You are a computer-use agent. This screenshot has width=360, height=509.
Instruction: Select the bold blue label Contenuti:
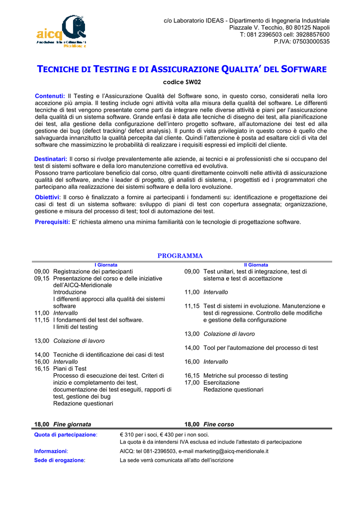(x=50, y=96)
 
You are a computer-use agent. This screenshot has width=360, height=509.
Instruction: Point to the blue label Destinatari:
(x=47, y=159)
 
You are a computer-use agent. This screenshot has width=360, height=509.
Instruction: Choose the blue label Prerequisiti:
(x=52, y=222)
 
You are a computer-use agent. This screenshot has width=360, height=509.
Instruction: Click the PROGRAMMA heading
(x=180, y=256)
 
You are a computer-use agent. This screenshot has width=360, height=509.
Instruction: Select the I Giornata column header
(x=106, y=265)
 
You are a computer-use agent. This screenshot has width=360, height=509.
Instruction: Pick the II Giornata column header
(x=256, y=265)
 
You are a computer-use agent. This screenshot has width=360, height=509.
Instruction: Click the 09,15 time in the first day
(x=42, y=279)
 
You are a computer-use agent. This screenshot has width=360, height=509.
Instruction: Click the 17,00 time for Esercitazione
(x=192, y=383)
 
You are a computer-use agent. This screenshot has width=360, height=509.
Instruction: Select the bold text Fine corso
(x=218, y=424)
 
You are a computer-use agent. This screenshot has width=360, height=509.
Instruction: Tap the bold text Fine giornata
(x=72, y=424)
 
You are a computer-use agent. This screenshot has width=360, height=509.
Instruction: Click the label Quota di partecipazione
(x=65, y=435)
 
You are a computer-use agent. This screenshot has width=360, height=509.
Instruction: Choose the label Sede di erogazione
(x=59, y=460)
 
